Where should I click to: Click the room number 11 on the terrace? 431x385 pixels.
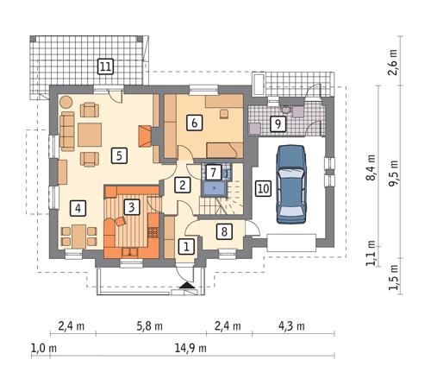coord(105,66)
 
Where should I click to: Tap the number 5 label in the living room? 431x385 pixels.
coord(119,155)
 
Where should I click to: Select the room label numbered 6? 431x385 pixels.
coord(195,123)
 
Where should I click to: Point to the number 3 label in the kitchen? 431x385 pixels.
coord(132,207)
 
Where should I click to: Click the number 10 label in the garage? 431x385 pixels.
coord(264,188)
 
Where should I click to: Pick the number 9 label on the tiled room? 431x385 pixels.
coord(278,124)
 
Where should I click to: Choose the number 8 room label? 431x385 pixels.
coord(224,231)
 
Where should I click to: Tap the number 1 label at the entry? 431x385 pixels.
coord(186,247)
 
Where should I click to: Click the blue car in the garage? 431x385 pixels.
coord(290,185)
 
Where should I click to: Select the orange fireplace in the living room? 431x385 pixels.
coord(146,136)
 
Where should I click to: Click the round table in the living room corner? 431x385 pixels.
coord(66,102)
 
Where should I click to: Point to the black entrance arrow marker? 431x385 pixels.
coord(187,285)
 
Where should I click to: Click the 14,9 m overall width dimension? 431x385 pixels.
coord(191,348)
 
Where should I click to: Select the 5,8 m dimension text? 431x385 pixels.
coord(149,326)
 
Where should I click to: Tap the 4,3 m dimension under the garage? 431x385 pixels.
coord(291,326)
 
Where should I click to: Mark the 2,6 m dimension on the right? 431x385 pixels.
coord(393,62)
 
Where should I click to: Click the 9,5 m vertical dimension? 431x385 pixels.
coord(394,174)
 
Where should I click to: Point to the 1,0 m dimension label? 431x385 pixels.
coord(44,348)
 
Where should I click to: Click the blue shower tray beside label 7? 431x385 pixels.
coord(214,188)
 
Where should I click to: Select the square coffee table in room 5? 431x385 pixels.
coord(90,135)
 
